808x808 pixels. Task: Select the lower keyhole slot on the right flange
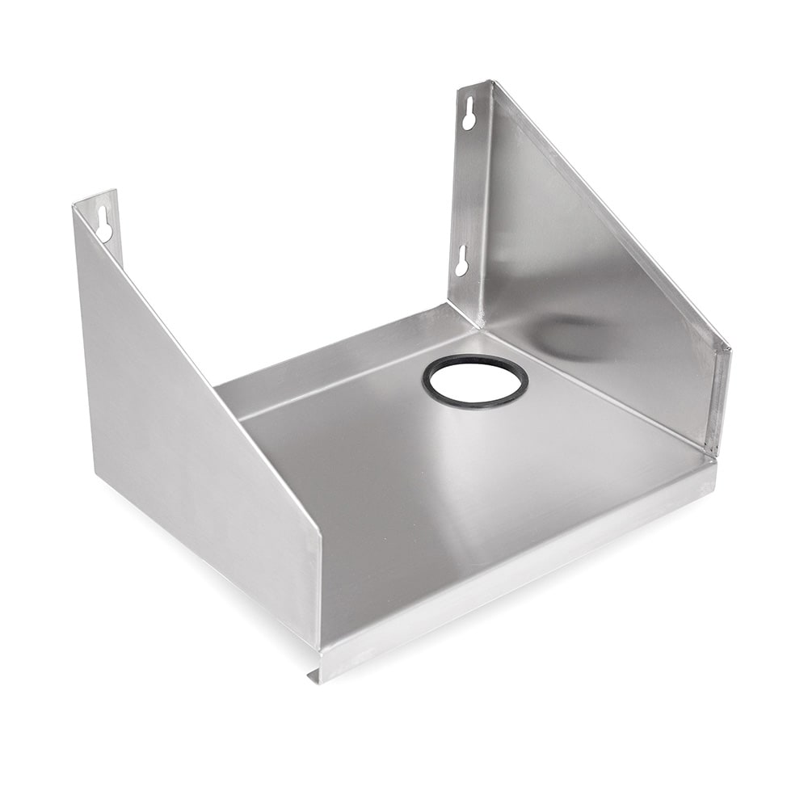coord(461,260)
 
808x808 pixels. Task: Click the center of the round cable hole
coord(475,381)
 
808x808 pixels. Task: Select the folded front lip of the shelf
coord(517,566)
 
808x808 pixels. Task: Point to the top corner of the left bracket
coord(77,202)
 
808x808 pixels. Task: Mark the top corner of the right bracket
coord(490,82)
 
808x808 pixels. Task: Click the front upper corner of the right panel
coord(728,347)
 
